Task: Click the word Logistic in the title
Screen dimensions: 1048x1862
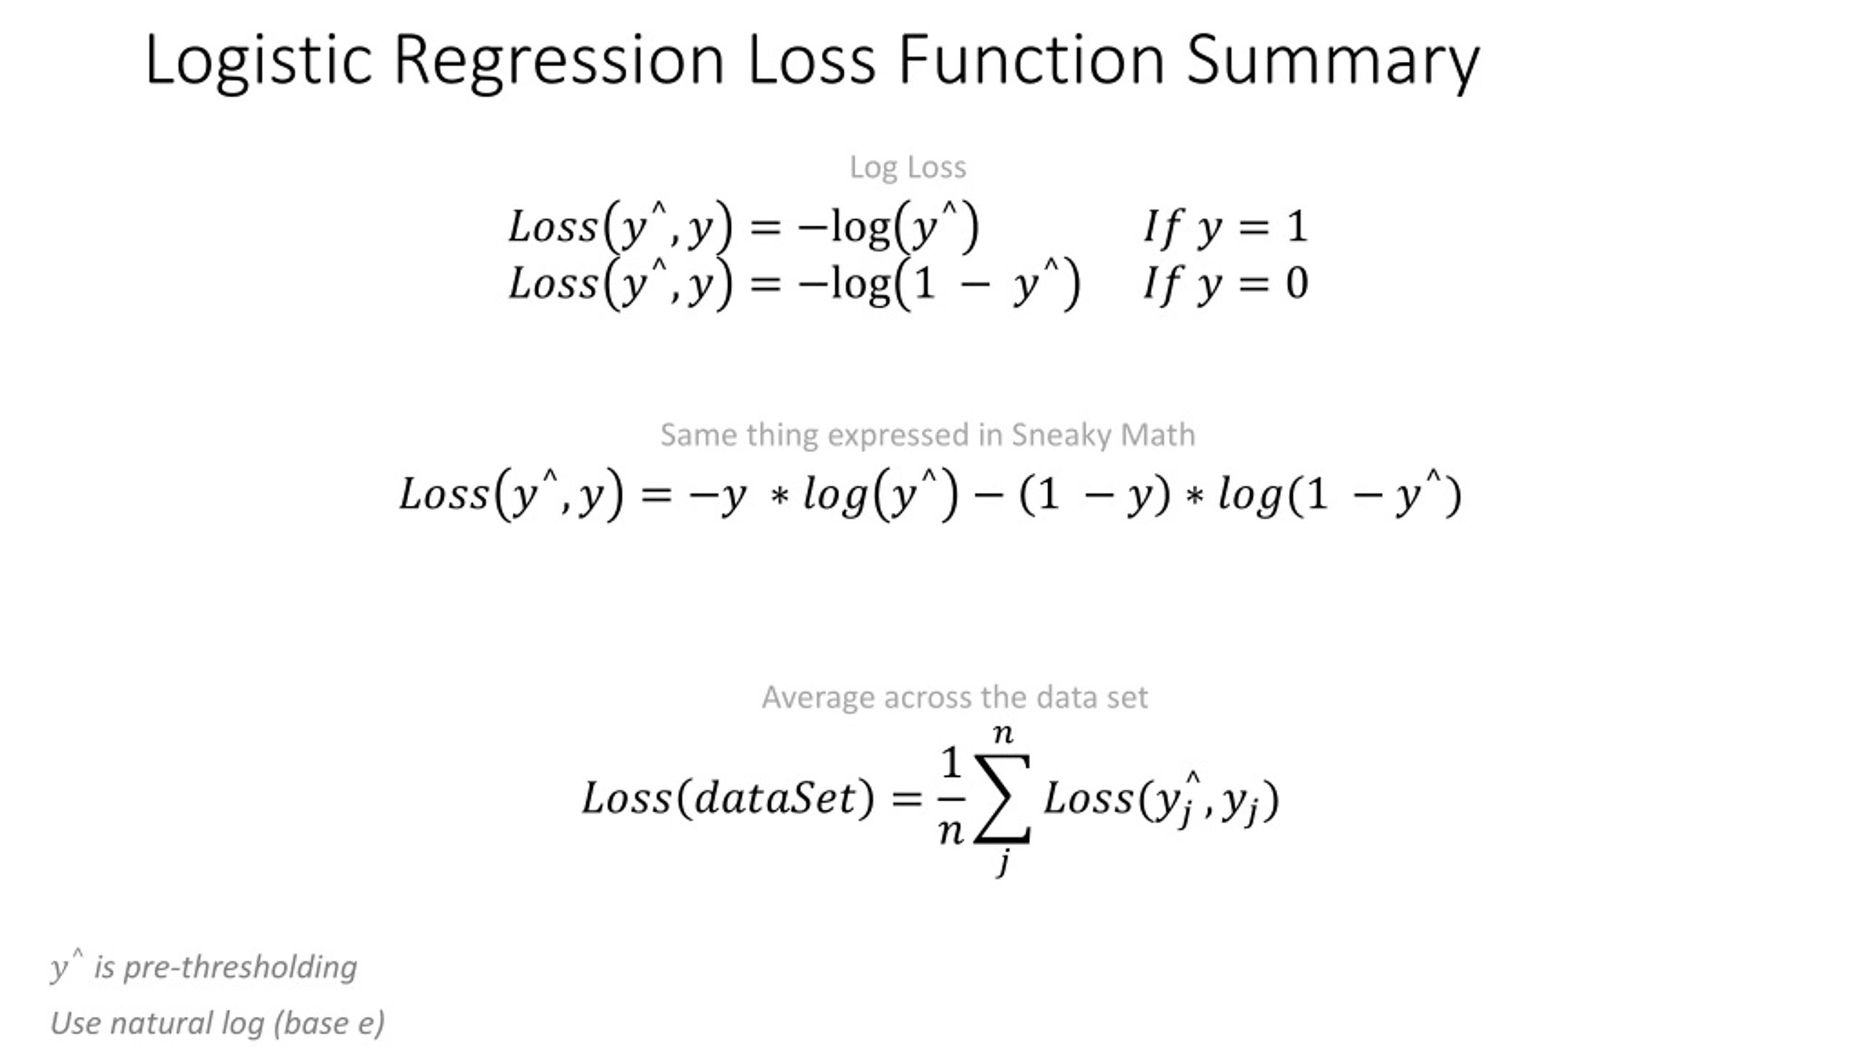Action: [x=258, y=61]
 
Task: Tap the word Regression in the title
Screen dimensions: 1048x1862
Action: [x=559, y=61]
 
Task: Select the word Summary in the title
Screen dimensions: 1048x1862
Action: [x=1332, y=61]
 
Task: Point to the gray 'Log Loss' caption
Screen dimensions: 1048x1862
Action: [x=908, y=167]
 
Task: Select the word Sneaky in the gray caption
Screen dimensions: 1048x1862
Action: [x=1062, y=435]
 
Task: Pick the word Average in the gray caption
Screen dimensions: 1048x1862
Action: [x=818, y=697]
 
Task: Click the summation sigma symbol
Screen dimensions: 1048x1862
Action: [x=1002, y=799]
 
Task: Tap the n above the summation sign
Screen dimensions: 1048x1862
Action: [x=1003, y=734]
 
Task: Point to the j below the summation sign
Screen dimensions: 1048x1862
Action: [x=1003, y=862]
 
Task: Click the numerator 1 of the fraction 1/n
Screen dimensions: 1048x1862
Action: [x=951, y=763]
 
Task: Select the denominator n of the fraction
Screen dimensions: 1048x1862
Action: [x=951, y=830]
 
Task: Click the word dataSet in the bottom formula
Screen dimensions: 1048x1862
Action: [x=775, y=798]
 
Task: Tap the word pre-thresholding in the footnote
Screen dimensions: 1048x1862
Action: [x=240, y=967]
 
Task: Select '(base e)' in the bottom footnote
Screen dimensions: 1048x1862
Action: [x=329, y=1023]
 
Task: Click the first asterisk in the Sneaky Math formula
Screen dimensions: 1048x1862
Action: [x=780, y=497]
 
